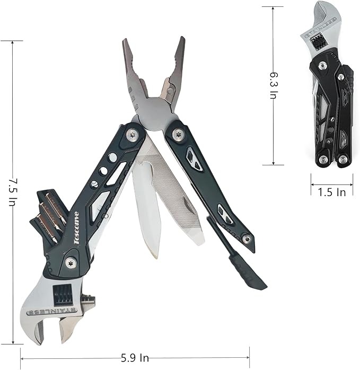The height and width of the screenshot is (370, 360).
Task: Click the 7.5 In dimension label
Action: pyautogui.click(x=13, y=192)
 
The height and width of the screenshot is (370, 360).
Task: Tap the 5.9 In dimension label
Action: pyautogui.click(x=135, y=358)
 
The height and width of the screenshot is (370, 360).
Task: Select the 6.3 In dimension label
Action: pyautogui.click(x=274, y=85)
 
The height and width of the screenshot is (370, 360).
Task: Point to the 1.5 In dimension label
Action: pyautogui.click(x=332, y=192)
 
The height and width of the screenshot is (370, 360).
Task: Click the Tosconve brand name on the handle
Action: pyautogui.click(x=76, y=228)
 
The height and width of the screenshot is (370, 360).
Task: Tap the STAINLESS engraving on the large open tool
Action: pyautogui.click(x=52, y=312)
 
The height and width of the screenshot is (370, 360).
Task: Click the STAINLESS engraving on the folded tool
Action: pyautogui.click(x=319, y=28)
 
